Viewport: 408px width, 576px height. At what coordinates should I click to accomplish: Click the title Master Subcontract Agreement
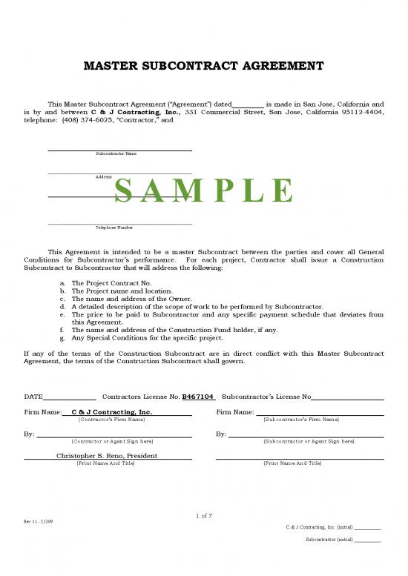point(203,66)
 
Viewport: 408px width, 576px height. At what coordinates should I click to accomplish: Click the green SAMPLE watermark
point(204,191)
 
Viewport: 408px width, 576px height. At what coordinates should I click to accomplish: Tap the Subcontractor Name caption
point(116,153)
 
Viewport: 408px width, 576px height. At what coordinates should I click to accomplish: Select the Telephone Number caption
point(114,228)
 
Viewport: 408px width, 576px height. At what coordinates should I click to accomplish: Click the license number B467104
point(198,397)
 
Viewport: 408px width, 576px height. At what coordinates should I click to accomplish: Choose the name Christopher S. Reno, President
point(107,455)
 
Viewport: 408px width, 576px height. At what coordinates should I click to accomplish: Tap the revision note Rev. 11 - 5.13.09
point(38,522)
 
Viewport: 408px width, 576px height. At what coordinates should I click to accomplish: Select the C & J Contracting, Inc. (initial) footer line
point(333,527)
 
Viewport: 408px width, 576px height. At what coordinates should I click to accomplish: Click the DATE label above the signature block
point(33,397)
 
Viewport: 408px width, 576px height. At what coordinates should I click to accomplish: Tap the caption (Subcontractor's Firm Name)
point(301,420)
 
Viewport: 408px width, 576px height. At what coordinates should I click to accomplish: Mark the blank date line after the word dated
point(248,105)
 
